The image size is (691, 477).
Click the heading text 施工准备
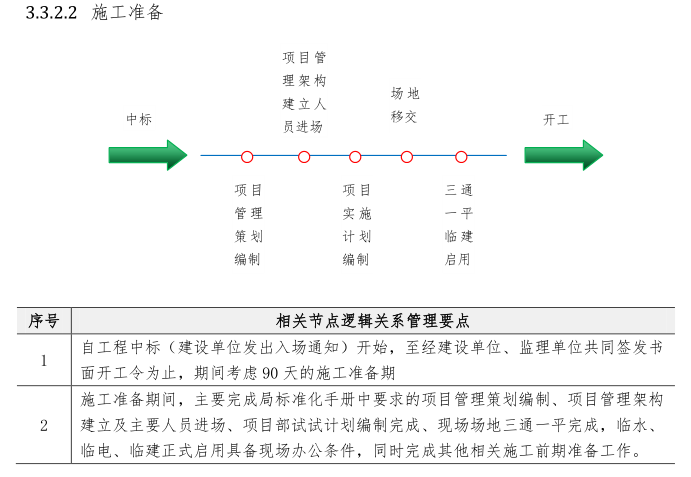click(128, 13)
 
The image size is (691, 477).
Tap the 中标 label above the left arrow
click(139, 119)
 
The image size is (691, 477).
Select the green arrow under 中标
click(148, 155)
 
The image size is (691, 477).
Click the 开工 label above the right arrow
click(556, 119)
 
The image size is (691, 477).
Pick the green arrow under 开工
click(564, 155)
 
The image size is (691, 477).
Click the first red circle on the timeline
click(247, 156)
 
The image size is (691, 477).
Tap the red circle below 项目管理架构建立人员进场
click(304, 156)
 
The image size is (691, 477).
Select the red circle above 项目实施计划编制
click(355, 156)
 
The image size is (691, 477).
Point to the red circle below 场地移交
click(407, 156)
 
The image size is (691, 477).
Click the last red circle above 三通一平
click(461, 156)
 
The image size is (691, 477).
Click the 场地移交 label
click(404, 104)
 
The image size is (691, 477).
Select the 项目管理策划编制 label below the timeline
click(248, 224)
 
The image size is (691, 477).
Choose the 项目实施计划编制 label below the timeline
click(356, 224)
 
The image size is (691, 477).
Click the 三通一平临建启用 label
click(459, 224)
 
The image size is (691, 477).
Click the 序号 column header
click(43, 321)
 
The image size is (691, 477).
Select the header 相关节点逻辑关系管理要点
click(373, 321)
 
